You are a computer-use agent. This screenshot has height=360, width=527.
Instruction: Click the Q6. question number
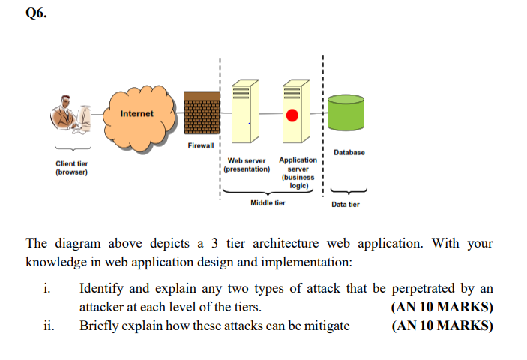tap(36, 13)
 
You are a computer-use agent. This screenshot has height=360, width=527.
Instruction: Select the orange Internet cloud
tap(137, 114)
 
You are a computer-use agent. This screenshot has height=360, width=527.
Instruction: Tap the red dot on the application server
tap(293, 115)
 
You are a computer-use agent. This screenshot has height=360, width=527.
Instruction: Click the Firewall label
tap(200, 145)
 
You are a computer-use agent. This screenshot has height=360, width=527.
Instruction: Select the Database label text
tap(349, 152)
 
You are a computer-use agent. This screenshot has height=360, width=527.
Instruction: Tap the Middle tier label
tap(267, 202)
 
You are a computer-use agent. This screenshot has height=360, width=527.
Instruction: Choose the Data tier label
tap(345, 204)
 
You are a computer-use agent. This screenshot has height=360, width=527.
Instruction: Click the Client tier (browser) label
tap(72, 168)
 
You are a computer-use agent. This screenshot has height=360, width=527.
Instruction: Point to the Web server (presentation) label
tap(247, 165)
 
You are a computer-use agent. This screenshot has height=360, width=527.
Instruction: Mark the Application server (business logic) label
tap(298, 172)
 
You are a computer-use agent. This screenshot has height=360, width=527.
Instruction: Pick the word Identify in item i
tap(102, 289)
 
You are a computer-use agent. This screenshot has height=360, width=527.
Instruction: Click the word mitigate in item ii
tap(325, 325)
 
